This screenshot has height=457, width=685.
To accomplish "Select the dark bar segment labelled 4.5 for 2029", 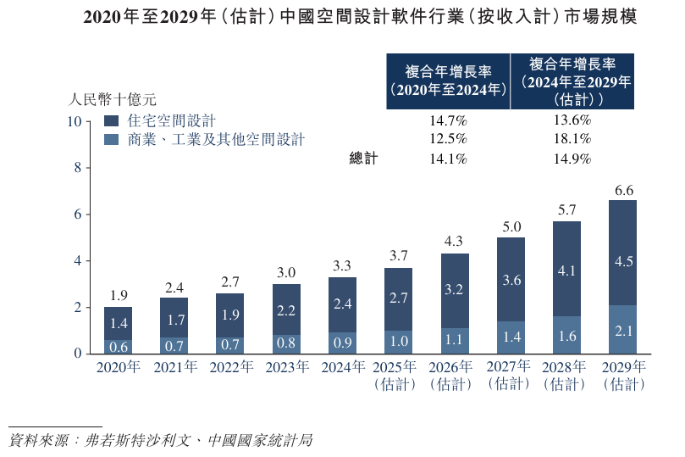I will [623, 261].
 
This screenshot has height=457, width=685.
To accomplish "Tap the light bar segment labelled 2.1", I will [623, 330].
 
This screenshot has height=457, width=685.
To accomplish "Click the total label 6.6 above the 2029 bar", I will [623, 191].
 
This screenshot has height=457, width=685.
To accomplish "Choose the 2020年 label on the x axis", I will [118, 367].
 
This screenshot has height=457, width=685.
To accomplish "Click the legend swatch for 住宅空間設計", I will [111, 121].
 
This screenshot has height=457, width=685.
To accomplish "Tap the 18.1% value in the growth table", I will [571, 139].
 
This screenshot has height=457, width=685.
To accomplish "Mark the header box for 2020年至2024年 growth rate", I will [448, 81].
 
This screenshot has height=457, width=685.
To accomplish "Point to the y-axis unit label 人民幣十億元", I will [113, 98].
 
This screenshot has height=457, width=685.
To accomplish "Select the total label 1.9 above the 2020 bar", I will [118, 296].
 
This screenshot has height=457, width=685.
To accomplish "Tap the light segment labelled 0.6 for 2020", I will [118, 346].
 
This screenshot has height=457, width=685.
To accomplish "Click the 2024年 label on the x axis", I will [342, 367].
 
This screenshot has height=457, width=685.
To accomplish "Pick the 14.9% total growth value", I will [571, 159].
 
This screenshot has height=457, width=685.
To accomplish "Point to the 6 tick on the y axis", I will [77, 215].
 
